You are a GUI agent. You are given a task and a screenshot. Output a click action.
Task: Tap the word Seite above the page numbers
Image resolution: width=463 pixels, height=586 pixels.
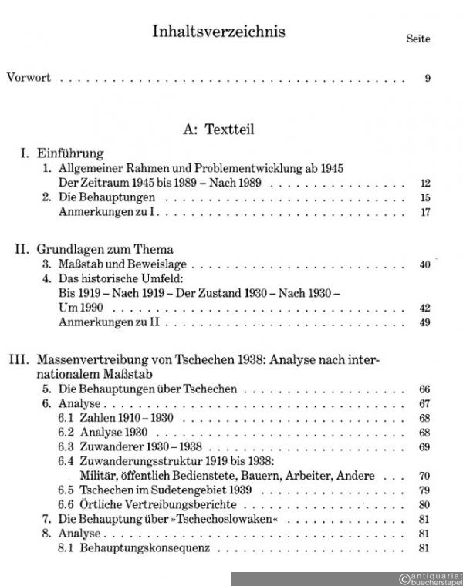pyautogui.click(x=418, y=39)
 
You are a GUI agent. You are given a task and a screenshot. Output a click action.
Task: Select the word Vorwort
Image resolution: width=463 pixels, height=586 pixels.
pyautogui.click(x=29, y=78)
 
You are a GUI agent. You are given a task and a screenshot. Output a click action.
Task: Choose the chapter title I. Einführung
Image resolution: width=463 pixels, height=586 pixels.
pyautogui.click(x=62, y=153)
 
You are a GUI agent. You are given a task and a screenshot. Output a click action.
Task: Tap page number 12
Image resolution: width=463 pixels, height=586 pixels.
pyautogui.click(x=424, y=183)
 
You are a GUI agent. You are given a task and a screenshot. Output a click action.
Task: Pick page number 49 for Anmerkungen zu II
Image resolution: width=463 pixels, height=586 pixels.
pyautogui.click(x=424, y=322)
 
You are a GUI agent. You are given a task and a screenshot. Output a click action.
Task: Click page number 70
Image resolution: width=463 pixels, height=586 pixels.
pyautogui.click(x=424, y=476)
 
